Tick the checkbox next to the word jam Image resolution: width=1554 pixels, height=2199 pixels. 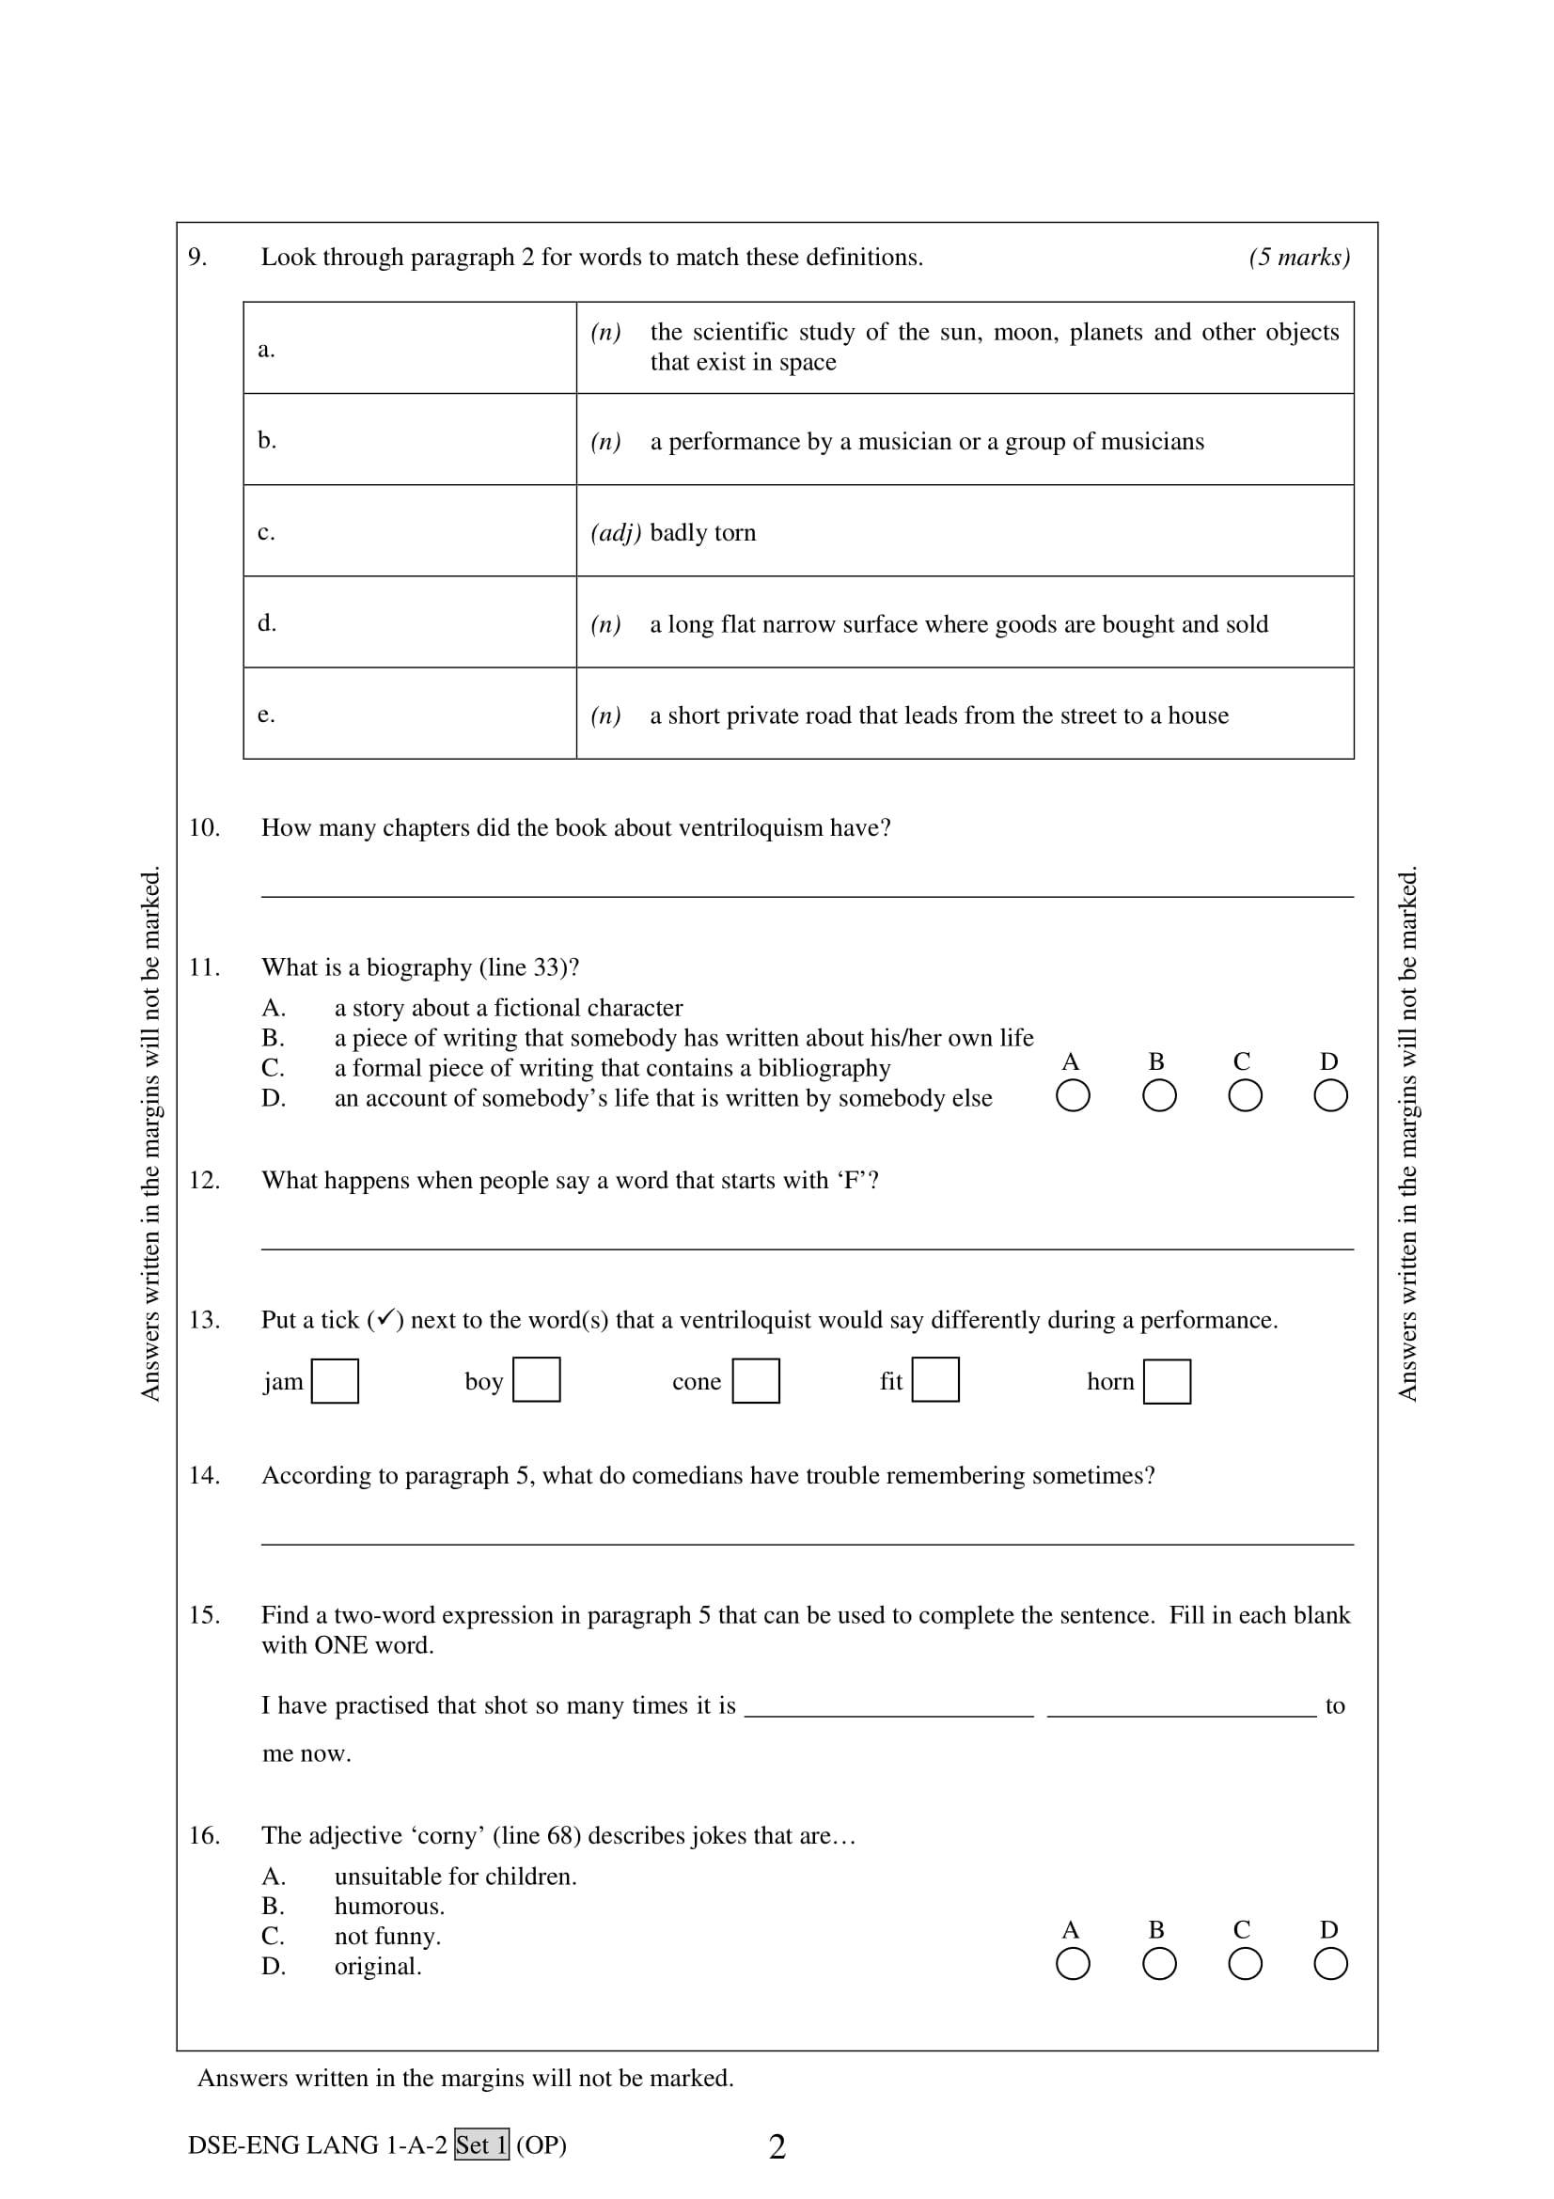pyautogui.click(x=335, y=1381)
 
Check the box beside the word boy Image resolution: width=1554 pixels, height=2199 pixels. pyautogui.click(x=536, y=1380)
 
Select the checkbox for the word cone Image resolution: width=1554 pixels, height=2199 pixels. pyautogui.click(x=756, y=1381)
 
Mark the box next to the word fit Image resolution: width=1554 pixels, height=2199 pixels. pyautogui.click(x=935, y=1379)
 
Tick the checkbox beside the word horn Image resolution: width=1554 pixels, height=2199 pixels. pyautogui.click(x=1168, y=1382)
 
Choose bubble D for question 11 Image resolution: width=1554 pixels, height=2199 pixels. pyautogui.click(x=1330, y=1095)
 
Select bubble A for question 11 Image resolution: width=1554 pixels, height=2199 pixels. pyautogui.click(x=1073, y=1095)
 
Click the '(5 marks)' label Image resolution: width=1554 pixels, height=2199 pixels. pyautogui.click(x=1298, y=258)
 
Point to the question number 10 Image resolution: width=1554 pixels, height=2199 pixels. pyautogui.click(x=204, y=827)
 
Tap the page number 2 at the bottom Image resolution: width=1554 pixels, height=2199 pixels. pyautogui.click(x=777, y=2147)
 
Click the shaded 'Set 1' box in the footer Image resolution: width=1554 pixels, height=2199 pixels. pyautogui.click(x=481, y=2145)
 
